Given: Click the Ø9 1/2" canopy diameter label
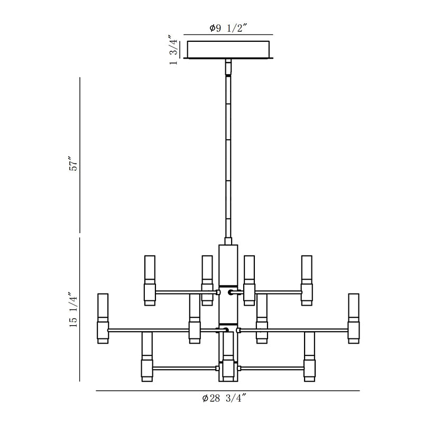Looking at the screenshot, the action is pos(228,28).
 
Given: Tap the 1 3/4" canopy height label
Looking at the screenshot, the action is pos(173,50).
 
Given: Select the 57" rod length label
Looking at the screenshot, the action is pos(73,163).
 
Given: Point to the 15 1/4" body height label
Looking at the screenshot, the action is pos(73,309).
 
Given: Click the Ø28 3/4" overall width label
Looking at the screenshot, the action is pos(224,398).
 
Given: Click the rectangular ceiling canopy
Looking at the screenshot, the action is pos(228,49).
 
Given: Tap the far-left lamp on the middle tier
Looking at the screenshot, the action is pos(103,319).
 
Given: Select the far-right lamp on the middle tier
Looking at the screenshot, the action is pos(354,319).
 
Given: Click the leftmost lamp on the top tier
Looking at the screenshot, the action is pos(150,281).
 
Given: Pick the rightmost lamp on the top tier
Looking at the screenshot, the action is pos(307,281).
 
